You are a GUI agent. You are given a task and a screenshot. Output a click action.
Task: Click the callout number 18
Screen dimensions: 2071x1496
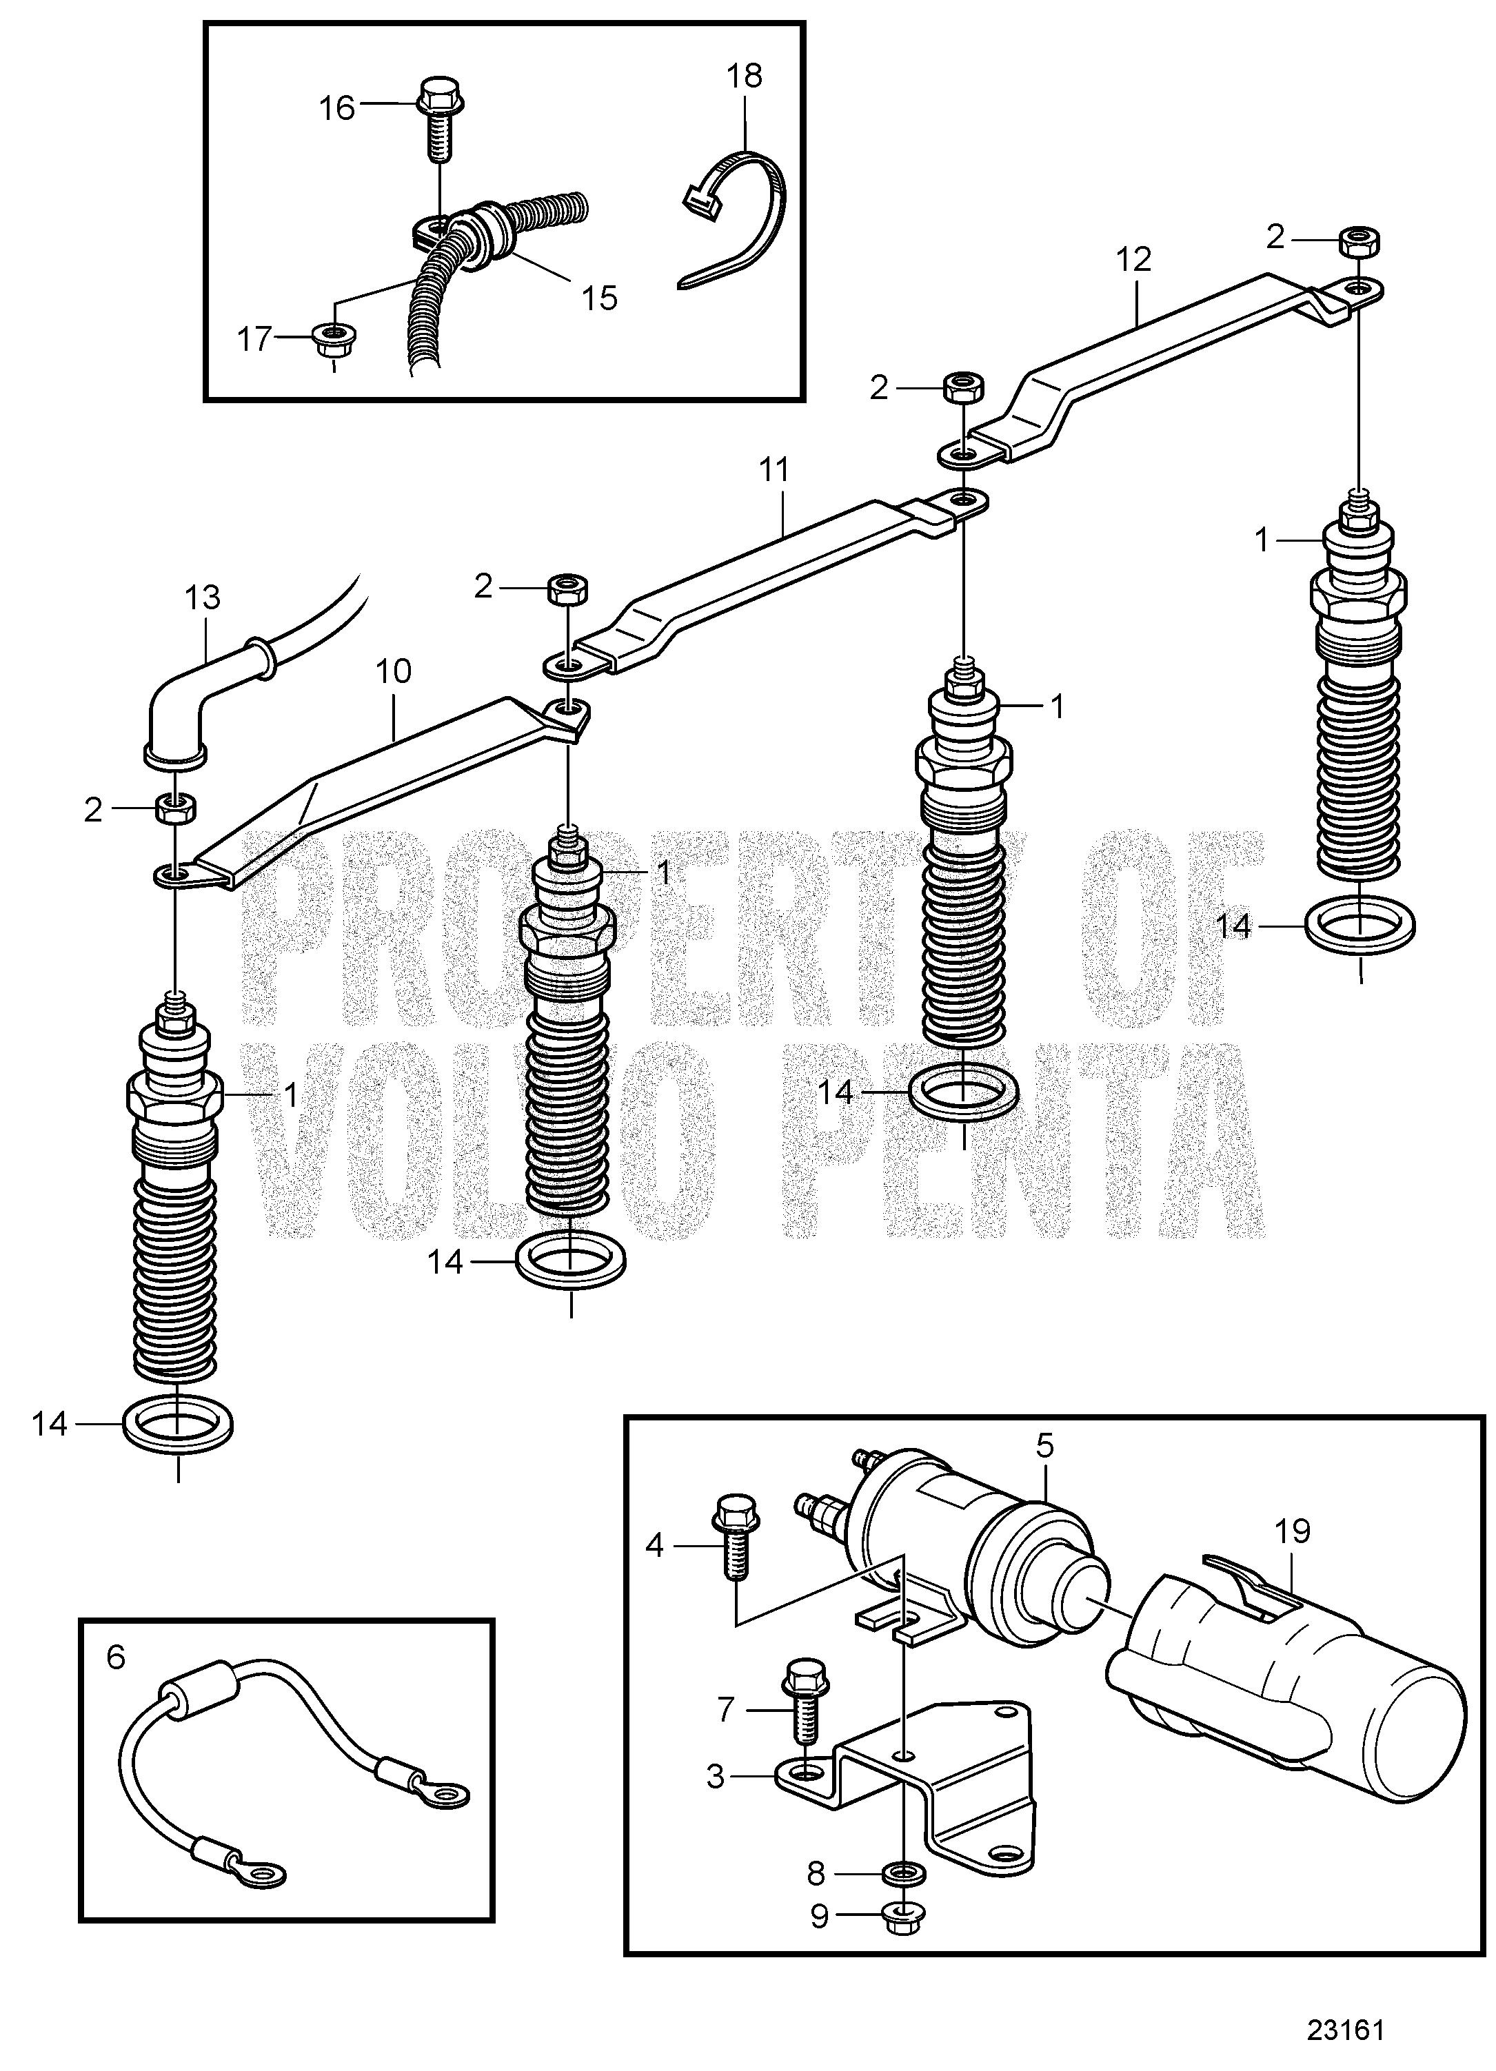tap(745, 76)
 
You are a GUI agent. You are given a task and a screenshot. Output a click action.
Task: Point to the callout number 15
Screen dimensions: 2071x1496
tap(600, 298)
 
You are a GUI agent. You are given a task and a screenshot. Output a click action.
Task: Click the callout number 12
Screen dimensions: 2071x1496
tap(1133, 261)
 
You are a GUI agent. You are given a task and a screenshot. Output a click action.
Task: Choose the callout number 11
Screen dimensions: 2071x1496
tap(773, 471)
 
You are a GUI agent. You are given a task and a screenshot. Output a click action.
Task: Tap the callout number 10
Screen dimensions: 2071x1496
tap(394, 672)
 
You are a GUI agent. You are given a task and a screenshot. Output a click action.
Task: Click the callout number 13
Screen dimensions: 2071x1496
tap(202, 598)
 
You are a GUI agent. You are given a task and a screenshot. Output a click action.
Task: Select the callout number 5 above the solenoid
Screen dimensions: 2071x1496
tap(1046, 1445)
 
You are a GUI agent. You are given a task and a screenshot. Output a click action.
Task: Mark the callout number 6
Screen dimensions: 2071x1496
tap(116, 1655)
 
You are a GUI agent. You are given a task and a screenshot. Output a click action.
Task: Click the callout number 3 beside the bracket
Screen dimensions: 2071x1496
tap(715, 1776)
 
